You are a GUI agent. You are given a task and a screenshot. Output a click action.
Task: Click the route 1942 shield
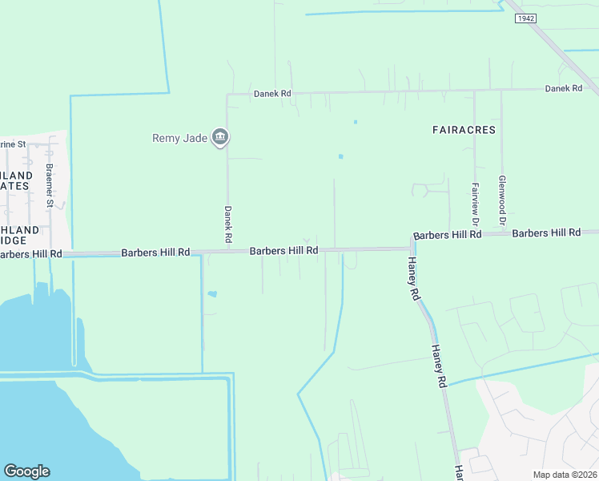tap(525, 18)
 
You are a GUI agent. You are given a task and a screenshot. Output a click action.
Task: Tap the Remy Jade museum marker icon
tap(220, 138)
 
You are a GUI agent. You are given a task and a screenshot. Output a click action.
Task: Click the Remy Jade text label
tap(180, 138)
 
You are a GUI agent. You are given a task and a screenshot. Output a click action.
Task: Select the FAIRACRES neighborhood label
tap(464, 129)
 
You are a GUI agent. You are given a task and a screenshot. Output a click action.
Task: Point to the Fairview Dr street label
tap(475, 204)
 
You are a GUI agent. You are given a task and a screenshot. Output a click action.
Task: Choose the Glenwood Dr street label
tap(502, 200)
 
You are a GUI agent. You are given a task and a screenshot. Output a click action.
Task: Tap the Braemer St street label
tap(49, 186)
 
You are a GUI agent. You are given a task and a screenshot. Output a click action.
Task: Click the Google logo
tap(26, 471)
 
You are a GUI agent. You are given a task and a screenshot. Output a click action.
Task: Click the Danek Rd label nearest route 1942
tap(563, 88)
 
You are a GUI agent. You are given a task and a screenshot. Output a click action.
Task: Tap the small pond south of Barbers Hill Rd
tap(211, 294)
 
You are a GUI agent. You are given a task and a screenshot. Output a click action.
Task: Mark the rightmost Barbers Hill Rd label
tap(546, 233)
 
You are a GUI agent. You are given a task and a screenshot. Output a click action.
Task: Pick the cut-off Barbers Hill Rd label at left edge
tap(30, 254)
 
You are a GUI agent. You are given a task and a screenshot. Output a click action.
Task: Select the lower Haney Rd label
tap(438, 367)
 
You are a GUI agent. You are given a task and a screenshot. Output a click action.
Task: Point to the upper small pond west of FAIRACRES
tap(355, 123)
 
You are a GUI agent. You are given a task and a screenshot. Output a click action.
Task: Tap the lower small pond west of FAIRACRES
tap(340, 156)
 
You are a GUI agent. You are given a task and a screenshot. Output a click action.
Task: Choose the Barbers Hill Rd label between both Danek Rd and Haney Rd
tap(284, 251)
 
